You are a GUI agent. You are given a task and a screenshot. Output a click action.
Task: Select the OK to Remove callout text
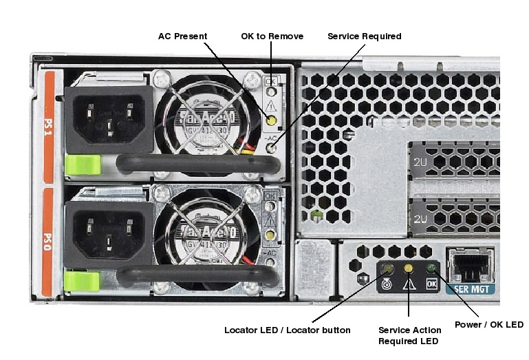click(x=272, y=36)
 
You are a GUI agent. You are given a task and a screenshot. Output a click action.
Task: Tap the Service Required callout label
click(x=364, y=36)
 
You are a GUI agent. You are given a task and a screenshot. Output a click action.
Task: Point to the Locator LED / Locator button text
click(x=287, y=330)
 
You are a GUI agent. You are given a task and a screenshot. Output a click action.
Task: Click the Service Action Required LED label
click(x=410, y=336)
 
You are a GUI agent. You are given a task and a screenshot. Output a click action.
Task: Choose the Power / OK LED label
click(x=489, y=325)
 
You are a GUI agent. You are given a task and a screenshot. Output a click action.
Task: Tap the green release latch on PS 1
click(x=82, y=165)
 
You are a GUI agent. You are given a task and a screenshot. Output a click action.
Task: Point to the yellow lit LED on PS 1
click(x=272, y=121)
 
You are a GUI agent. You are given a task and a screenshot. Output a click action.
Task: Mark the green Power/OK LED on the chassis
click(x=431, y=268)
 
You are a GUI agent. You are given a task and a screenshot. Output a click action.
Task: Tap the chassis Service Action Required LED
click(x=409, y=268)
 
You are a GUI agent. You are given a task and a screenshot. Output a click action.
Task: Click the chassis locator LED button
click(x=388, y=269)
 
